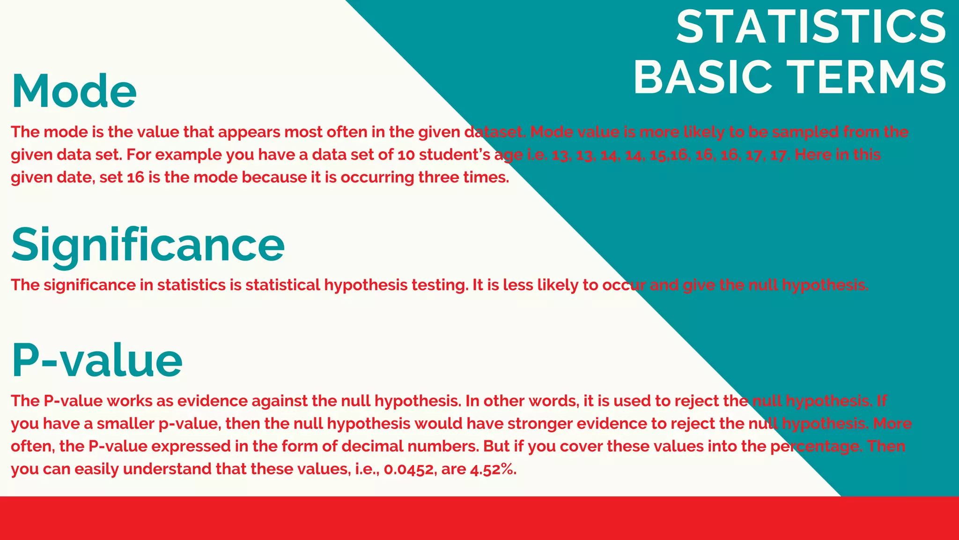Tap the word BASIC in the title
[702, 77]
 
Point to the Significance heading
[148, 245]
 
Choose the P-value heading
[96, 360]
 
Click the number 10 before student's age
[406, 155]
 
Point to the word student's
[454, 155]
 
